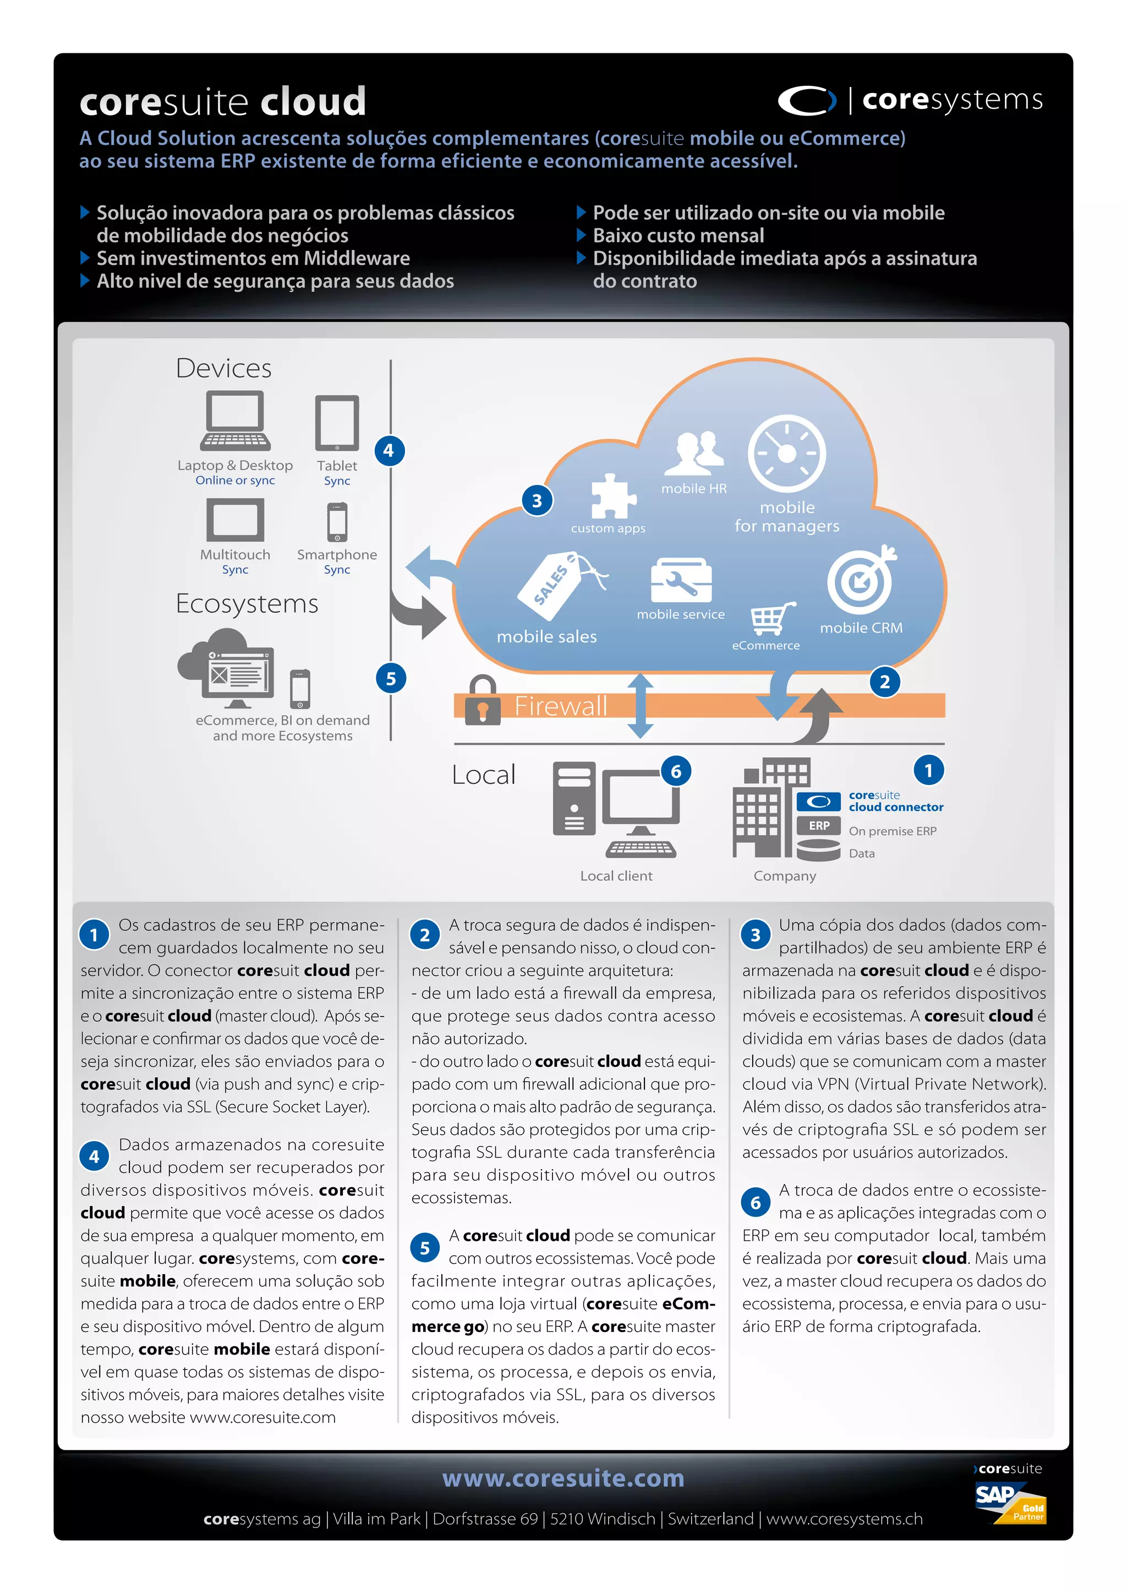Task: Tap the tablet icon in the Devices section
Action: pos(337,423)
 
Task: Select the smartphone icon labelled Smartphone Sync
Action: pos(337,523)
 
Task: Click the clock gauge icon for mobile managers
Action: pos(786,454)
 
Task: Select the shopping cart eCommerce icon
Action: pos(772,618)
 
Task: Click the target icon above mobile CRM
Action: pos(861,580)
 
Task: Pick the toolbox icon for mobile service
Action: pos(681,580)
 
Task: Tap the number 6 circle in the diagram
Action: pos(675,771)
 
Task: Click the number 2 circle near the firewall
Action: pos(884,682)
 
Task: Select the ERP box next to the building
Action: pos(819,826)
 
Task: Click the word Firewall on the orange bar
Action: pos(560,706)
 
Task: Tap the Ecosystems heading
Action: pos(247,603)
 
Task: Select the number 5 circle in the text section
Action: pos(425,1248)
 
